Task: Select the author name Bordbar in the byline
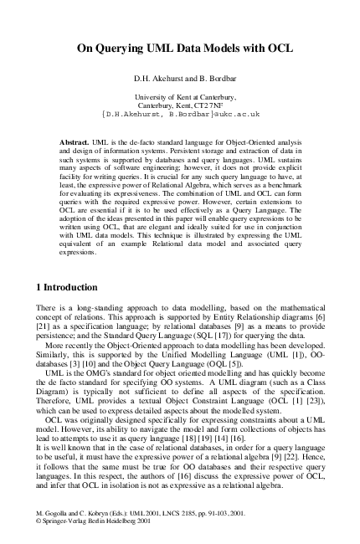[x=214, y=80]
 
